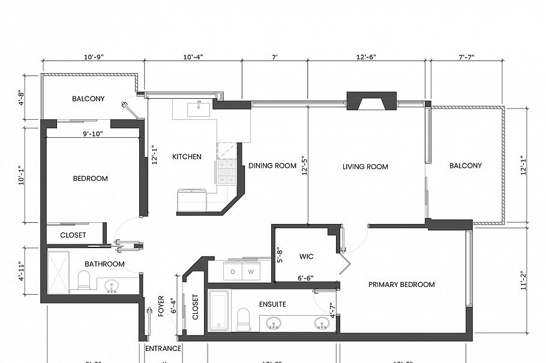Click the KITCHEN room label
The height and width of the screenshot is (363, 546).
[x=187, y=157]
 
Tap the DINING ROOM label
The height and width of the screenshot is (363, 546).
[x=272, y=166]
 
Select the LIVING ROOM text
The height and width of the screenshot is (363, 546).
[x=365, y=167]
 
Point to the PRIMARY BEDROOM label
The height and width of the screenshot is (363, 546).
[x=401, y=285]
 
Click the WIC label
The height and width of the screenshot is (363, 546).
[x=307, y=256]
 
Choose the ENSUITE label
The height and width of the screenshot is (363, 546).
[x=272, y=304]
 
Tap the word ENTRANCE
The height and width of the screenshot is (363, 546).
[x=163, y=349]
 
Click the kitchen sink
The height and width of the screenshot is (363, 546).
[x=198, y=108]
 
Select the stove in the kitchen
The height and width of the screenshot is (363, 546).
[x=226, y=171]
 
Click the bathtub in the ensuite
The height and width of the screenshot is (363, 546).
[x=218, y=311]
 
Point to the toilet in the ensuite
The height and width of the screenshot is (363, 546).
[x=244, y=319]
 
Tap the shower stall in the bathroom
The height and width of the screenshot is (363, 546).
[x=58, y=272]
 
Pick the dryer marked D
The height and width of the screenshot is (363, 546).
[x=233, y=271]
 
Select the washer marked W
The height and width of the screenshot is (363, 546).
[x=251, y=271]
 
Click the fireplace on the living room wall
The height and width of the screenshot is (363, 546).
[x=371, y=101]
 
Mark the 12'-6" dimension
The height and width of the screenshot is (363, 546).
[x=366, y=57]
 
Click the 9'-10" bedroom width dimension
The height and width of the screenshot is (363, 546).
[x=92, y=134]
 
